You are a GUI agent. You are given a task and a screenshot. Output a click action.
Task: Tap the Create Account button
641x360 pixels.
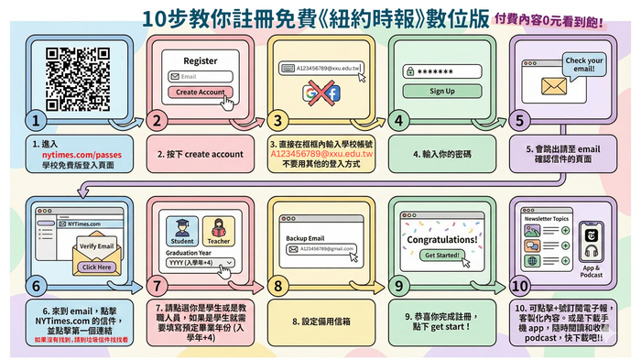coord(199,93)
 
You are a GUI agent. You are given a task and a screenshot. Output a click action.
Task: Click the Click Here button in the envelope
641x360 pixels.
coord(97,267)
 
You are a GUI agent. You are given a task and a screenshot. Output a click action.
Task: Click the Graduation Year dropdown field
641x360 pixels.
coord(200,262)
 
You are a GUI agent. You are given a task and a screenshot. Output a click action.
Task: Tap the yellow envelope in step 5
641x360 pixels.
coord(555,87)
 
